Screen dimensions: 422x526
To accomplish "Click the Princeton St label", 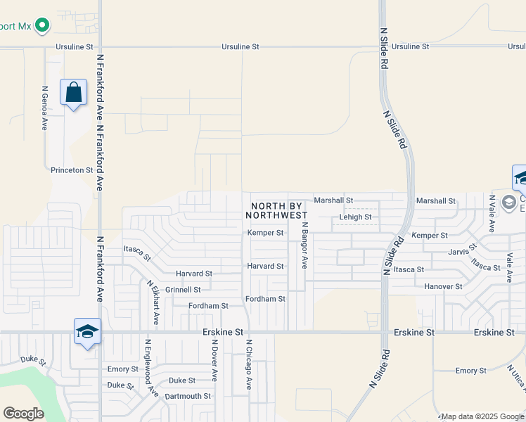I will (x=72, y=170).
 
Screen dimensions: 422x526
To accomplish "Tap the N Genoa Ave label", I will (x=44, y=108).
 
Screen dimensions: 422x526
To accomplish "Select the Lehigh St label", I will (x=355, y=217).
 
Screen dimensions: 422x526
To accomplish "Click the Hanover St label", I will (x=443, y=287).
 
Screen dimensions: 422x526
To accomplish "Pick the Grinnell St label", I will (x=183, y=290).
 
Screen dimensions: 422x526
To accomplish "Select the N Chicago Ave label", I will (x=248, y=365).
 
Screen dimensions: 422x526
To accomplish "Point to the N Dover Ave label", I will (x=214, y=362).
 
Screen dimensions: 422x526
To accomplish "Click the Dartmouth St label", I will (x=188, y=396).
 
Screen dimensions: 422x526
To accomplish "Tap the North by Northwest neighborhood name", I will (x=279, y=210).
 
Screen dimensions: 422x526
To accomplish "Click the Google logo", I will (x=23, y=414).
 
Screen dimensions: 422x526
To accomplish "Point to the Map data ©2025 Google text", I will (x=482, y=416).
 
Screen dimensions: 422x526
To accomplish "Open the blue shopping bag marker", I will (x=73, y=93).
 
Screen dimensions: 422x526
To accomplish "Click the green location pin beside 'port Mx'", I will (x=42, y=25).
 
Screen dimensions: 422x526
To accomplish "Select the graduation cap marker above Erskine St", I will (x=87, y=331).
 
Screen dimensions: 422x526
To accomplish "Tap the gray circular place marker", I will (x=508, y=203).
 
